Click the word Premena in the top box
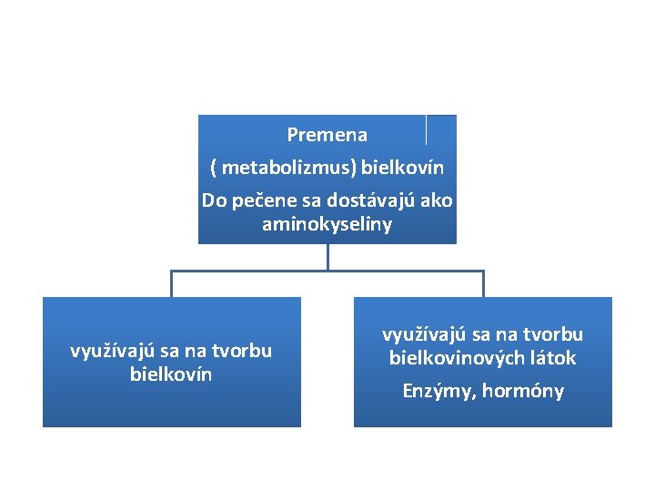click(327, 135)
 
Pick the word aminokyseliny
click(327, 224)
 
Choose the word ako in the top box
click(435, 200)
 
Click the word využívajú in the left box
click(109, 351)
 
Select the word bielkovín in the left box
click(171, 374)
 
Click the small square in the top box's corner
click(441, 129)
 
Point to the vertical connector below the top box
click(327, 257)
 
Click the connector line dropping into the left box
click(171, 284)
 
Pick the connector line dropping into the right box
click(483, 284)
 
